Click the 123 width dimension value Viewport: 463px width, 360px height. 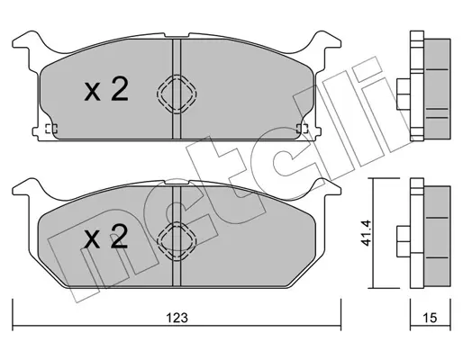pyautogui.click(x=177, y=318)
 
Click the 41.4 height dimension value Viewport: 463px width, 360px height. pyautogui.click(x=366, y=233)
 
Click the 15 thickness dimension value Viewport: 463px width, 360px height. pyautogui.click(x=430, y=318)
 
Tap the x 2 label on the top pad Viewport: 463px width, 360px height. pyautogui.click(x=106, y=88)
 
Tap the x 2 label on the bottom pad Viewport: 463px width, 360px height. pyautogui.click(x=106, y=237)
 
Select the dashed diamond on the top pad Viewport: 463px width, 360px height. pyautogui.click(x=177, y=94)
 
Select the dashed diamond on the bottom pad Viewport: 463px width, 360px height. pyautogui.click(x=177, y=241)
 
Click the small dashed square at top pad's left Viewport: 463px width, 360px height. pyautogui.click(x=51, y=129)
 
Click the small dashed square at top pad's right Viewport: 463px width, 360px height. pyautogui.click(x=302, y=129)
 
